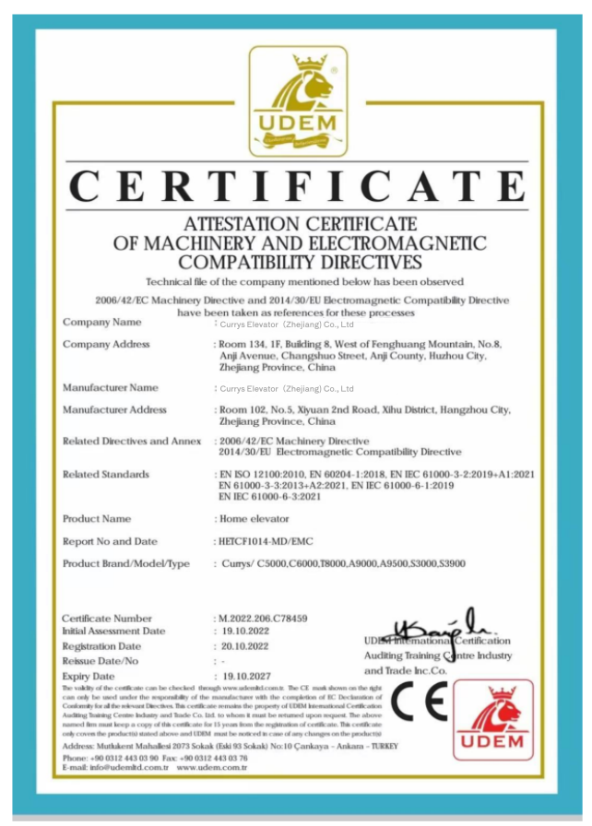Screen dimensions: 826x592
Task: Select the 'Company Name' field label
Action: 102,323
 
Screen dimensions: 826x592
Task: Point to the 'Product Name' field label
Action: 97,519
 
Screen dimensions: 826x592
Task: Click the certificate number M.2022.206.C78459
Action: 262,618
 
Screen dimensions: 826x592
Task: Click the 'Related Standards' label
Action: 105,474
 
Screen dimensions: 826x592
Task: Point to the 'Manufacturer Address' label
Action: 114,409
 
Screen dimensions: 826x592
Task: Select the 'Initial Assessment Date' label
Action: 113,631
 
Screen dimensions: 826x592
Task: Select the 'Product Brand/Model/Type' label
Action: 125,563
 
